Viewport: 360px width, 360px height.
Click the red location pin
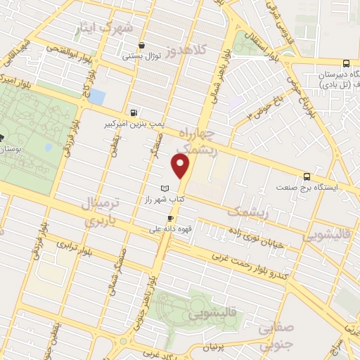[181, 167]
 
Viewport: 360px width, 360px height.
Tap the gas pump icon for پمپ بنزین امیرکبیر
[134, 112]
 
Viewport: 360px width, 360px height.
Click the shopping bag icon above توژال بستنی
[142, 44]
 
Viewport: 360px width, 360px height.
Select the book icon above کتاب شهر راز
[165, 189]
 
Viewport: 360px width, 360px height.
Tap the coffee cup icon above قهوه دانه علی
[169, 218]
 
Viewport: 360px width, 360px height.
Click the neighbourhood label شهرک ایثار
[116, 28]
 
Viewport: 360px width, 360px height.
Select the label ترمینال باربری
[99, 211]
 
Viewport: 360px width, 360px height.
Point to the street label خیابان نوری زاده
[252, 233]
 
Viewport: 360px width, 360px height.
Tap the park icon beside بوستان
[2, 137]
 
